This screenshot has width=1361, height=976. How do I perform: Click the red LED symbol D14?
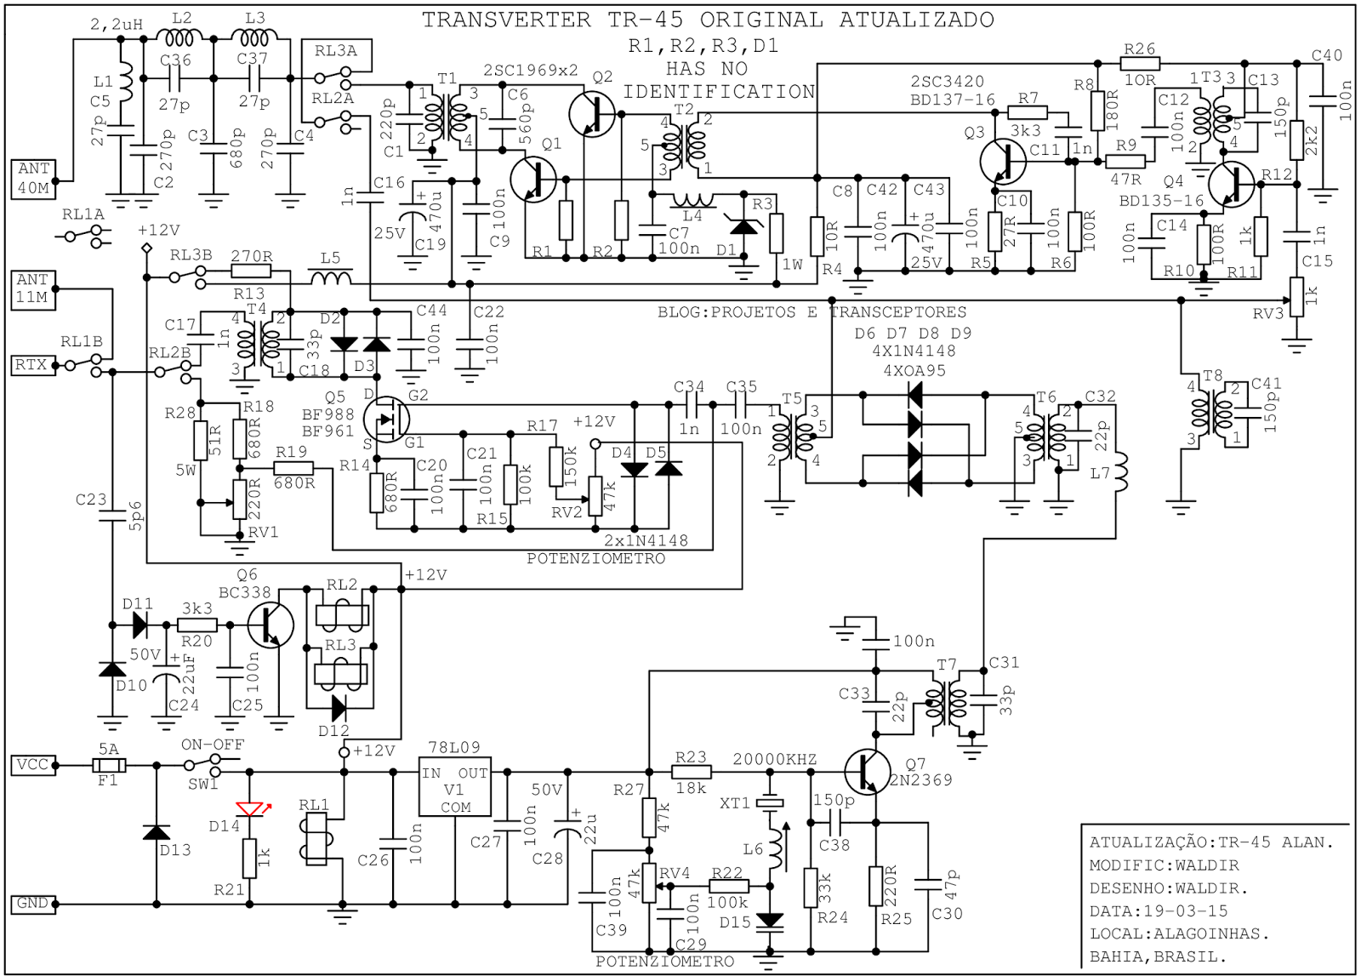point(249,808)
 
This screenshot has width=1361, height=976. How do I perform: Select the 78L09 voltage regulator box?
point(455,786)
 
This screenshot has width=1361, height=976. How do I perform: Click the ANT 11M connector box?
point(33,288)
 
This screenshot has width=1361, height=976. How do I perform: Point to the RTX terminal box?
point(31,365)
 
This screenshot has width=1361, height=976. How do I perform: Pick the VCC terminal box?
point(33,765)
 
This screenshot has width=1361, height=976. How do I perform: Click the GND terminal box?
point(33,904)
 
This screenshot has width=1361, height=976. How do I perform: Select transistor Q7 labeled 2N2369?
point(868,773)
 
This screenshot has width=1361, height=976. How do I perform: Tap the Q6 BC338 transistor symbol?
point(270,625)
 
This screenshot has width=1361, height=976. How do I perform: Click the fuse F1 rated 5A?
point(108,766)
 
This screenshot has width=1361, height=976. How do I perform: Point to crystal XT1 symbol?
point(770,802)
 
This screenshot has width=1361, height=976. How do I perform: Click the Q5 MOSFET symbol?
point(385,419)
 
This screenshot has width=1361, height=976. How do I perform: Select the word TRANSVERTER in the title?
point(506,20)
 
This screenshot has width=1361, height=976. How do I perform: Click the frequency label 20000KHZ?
point(775,760)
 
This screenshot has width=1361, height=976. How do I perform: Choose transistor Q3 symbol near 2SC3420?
point(1004,162)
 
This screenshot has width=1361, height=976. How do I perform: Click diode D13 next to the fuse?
point(157,831)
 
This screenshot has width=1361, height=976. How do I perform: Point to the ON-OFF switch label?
point(212,745)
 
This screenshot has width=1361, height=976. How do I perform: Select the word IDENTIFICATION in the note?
point(719,91)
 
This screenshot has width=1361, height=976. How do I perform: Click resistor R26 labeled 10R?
point(1140,64)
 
